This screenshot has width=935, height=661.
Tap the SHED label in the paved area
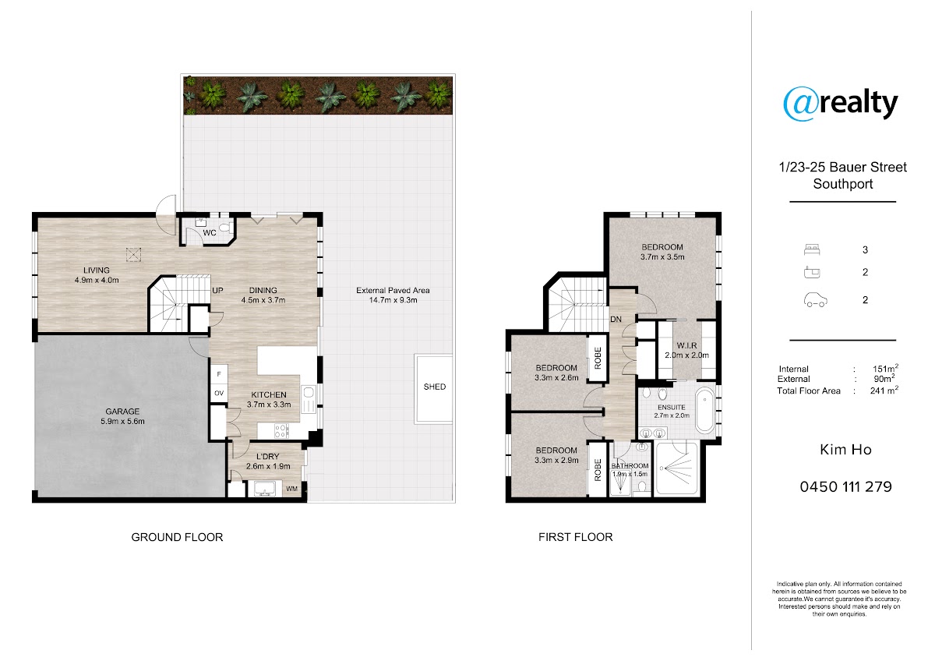[435, 387]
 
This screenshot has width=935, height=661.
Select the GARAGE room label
[122, 412]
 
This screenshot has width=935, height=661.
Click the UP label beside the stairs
[217, 290]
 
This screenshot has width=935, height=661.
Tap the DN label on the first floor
[616, 319]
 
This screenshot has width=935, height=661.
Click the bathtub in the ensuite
[704, 410]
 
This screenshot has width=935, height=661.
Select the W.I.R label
[686, 345]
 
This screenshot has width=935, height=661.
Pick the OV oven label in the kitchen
[219, 393]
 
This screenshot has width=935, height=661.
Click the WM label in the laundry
[291, 489]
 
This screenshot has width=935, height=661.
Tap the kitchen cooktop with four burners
[282, 430]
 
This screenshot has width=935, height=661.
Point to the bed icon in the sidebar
[812, 249]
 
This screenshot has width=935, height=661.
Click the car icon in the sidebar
[815, 300]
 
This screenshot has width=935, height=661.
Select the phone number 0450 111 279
[845, 487]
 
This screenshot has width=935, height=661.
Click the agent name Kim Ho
[845, 450]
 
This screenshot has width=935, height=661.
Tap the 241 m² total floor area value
[884, 390]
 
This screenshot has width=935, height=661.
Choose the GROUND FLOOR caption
[177, 537]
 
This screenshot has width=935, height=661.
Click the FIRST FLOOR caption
[576, 537]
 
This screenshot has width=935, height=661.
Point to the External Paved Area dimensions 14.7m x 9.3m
[393, 300]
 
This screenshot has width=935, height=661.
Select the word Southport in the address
[843, 184]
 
